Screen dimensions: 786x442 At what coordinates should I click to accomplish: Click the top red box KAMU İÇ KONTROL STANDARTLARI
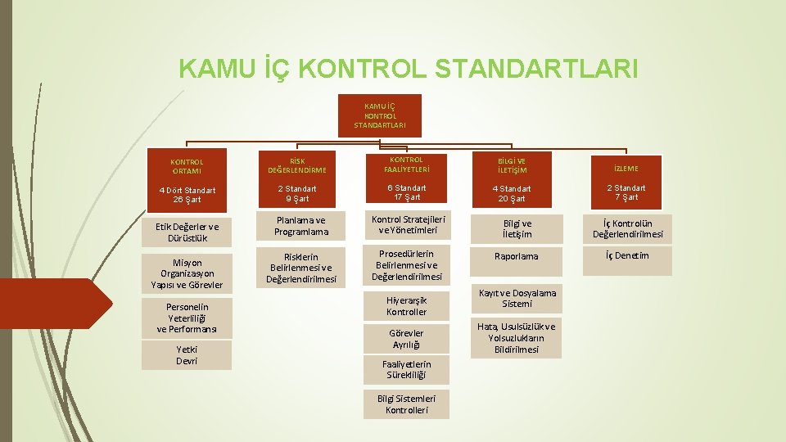point(379,115)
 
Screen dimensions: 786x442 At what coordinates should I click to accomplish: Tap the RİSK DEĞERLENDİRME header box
point(296,166)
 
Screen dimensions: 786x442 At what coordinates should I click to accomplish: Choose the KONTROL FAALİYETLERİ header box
point(406,164)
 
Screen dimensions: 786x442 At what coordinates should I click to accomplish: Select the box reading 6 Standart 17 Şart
point(406,192)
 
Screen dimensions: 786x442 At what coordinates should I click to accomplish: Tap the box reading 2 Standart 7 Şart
point(626,192)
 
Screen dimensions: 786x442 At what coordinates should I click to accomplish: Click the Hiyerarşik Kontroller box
point(406,306)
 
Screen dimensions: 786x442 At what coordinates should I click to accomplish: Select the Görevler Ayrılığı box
point(406,339)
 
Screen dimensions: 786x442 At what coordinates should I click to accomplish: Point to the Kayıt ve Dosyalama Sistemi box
point(516,298)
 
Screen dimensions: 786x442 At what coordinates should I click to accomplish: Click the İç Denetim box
point(626,256)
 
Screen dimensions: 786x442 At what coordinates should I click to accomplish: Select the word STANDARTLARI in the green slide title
point(536,69)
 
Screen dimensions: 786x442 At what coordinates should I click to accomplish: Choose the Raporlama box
point(516,256)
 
